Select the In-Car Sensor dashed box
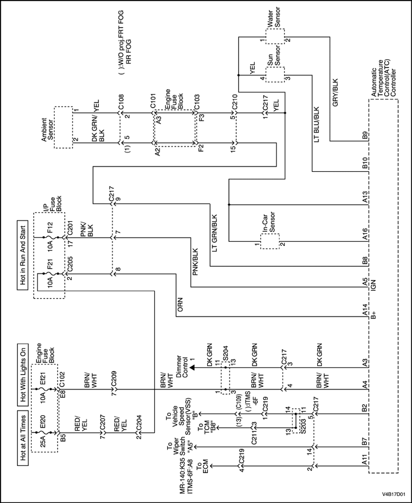270,239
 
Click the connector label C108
121,102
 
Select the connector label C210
234,102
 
